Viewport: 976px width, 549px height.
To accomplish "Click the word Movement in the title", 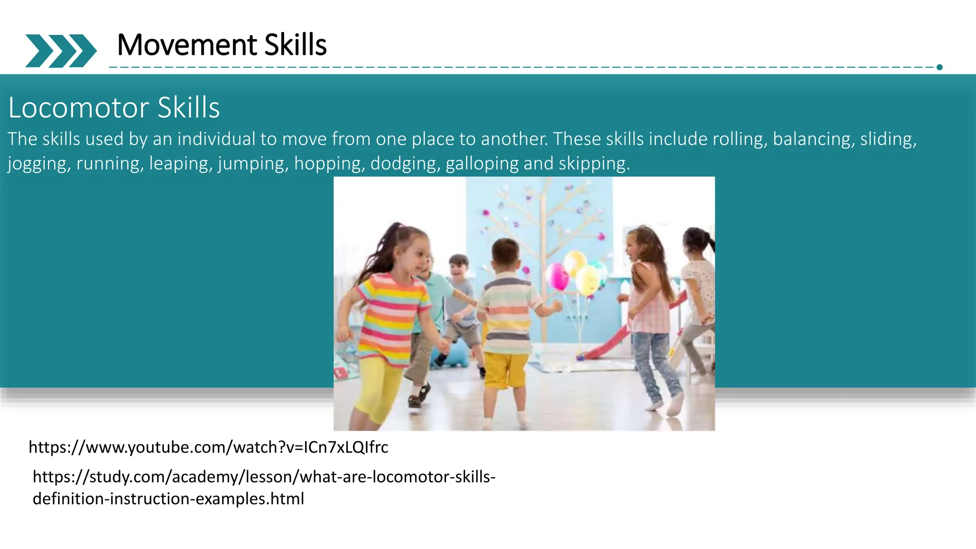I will (187, 45).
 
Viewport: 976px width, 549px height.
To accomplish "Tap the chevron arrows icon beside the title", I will (61, 51).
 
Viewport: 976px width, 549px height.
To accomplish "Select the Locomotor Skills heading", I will (114, 108).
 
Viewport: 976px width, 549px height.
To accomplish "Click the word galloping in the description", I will (482, 163).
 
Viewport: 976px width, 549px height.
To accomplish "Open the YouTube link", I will (208, 447).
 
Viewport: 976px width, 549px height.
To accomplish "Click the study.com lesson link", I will (264, 487).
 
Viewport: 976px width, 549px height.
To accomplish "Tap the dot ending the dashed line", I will (939, 67).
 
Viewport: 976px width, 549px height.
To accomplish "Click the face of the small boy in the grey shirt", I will (458, 268).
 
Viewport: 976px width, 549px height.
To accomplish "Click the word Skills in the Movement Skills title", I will (295, 45).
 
